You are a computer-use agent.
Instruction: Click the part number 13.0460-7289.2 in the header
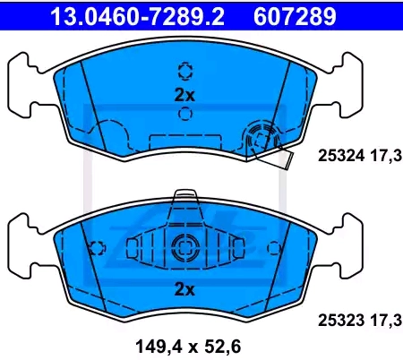137,16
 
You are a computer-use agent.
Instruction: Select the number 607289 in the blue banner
295,16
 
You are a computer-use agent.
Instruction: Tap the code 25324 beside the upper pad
341,156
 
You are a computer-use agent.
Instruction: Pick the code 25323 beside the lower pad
341,321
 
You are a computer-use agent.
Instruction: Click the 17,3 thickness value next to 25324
387,156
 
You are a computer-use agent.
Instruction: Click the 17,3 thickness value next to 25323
387,321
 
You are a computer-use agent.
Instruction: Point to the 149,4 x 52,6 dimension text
188,347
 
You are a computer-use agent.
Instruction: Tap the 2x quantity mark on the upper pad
184,95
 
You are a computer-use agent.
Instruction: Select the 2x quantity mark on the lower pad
184,289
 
